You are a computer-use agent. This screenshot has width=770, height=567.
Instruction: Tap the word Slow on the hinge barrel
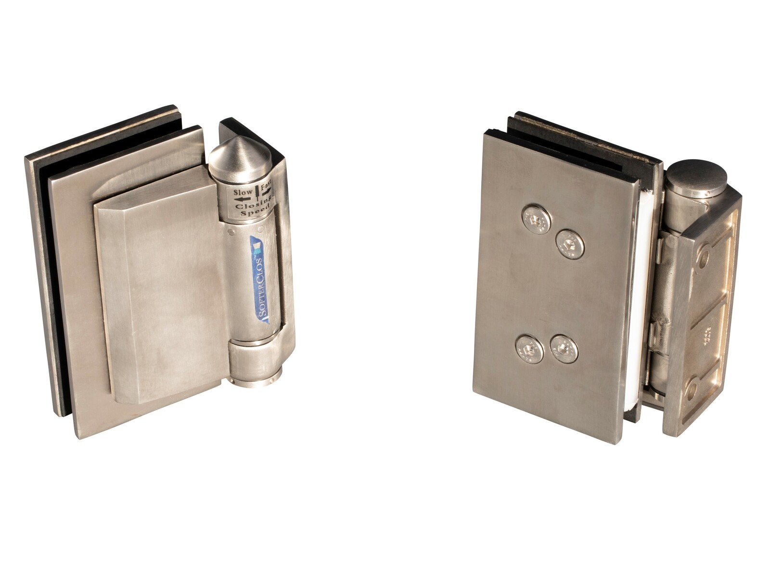coord(243,192)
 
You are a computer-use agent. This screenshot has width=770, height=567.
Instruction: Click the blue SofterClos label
coord(260,279)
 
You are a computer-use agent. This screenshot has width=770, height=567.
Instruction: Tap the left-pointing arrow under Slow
coord(244,199)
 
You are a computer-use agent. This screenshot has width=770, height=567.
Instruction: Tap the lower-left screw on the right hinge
coord(529,349)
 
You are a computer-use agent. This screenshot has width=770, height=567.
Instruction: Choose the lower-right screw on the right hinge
coord(564,349)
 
